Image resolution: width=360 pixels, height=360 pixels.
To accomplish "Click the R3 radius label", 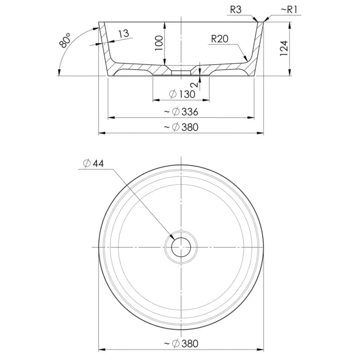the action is pyautogui.click(x=236, y=10).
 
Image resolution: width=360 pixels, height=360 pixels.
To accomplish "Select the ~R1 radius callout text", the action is pyautogui.click(x=289, y=10).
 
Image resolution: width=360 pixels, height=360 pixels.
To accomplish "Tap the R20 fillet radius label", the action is pyautogui.click(x=220, y=39).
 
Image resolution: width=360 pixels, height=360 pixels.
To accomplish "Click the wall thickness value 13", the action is pyautogui.click(x=124, y=34).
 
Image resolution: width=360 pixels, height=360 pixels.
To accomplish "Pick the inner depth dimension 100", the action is pyautogui.click(x=159, y=43).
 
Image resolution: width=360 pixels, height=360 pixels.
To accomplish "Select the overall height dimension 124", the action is pyautogui.click(x=284, y=48).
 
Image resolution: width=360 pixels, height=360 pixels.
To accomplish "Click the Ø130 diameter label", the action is pyautogui.click(x=182, y=94).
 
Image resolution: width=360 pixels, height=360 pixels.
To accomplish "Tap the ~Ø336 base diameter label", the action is pyautogui.click(x=181, y=112).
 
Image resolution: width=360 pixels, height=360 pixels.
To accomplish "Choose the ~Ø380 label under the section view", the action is pyautogui.click(x=181, y=127).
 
